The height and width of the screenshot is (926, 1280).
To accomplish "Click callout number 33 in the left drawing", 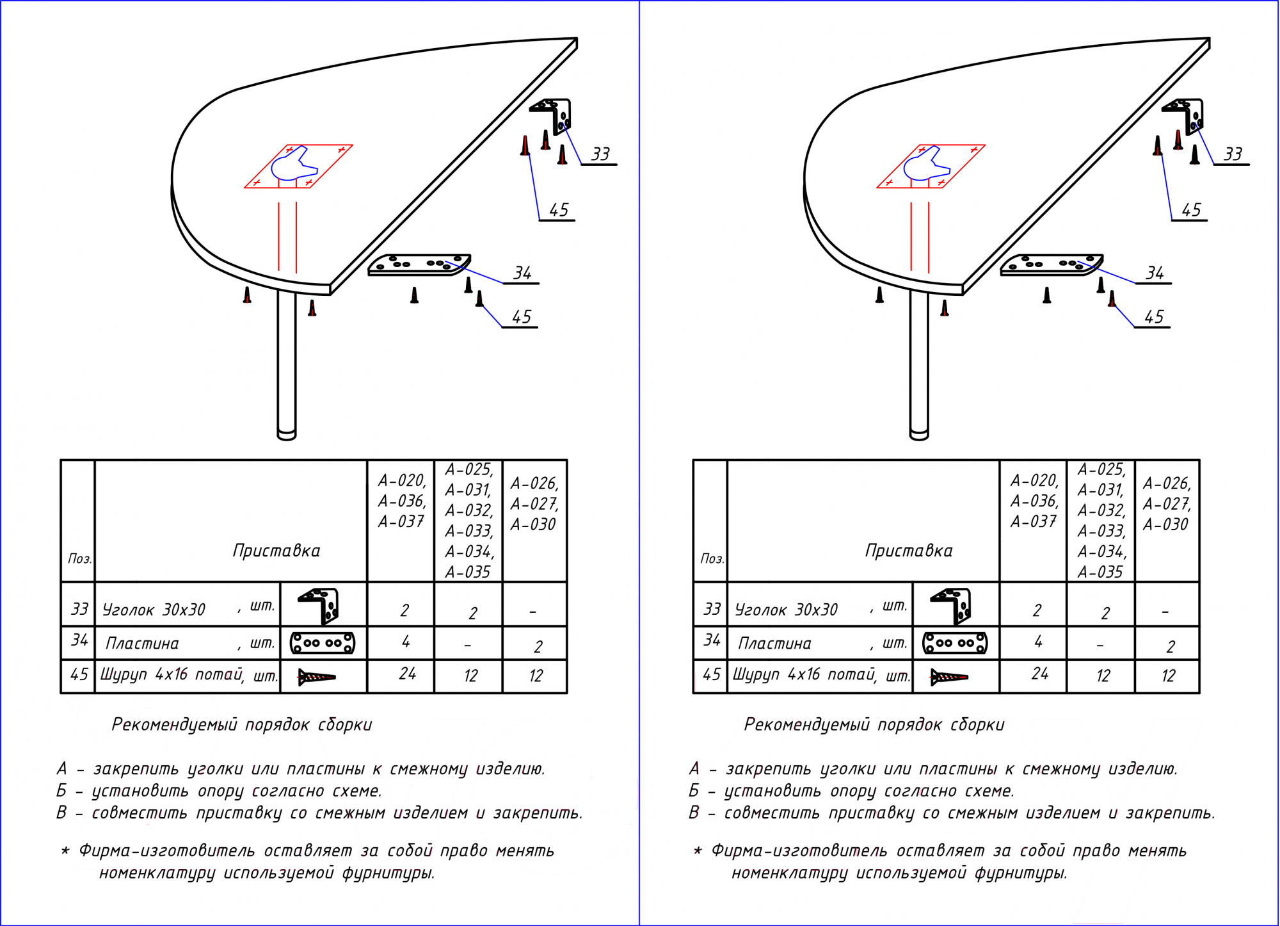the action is pos(600,154).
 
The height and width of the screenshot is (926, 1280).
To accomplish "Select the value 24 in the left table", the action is pos(408,674).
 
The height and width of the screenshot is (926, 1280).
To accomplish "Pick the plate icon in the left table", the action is pos(323,643).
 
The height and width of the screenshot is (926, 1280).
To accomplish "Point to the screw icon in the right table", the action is pos(949,677).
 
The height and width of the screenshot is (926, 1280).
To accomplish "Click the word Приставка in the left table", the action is pos(276,551).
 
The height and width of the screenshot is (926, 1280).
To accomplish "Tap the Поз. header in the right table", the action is pos(712,558).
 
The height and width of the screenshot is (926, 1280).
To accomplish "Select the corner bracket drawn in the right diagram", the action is pos(1186,115).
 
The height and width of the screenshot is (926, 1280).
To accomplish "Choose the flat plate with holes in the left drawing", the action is pos(419,264).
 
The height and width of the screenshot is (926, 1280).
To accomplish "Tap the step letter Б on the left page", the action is pos(62,791).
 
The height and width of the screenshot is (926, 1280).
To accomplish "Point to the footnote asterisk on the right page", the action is pos(698,850).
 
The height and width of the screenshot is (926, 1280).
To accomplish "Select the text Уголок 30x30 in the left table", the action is pos(154,610).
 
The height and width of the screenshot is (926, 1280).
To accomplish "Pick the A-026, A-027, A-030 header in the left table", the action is pos(534,504).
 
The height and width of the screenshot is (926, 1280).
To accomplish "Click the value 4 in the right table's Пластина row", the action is pos(1039,642).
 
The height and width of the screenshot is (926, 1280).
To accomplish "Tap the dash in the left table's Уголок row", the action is pos(533,612).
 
